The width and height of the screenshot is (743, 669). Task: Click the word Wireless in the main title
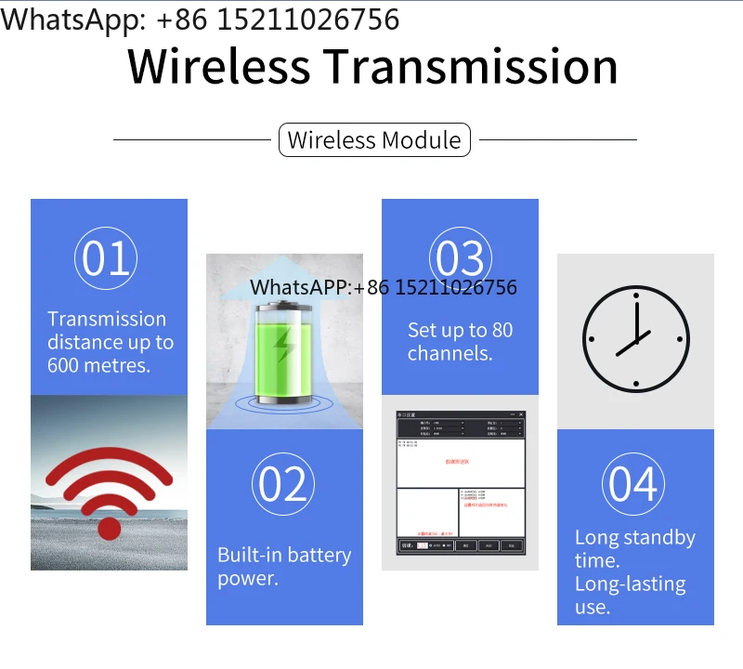coord(218,67)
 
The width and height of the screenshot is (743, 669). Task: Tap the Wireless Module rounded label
coord(374,140)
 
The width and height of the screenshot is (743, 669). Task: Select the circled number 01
coord(106,258)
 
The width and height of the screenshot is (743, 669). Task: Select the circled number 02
coord(283,484)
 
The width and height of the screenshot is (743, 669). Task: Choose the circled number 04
coord(634,484)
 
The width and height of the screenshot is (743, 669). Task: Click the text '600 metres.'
coord(98,365)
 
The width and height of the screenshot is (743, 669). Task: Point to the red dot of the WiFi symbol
coord(110,529)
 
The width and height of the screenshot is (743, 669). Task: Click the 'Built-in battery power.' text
coord(283,567)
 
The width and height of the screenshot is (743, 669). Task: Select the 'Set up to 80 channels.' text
coord(460,341)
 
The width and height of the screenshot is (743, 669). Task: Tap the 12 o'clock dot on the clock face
coord(636,295)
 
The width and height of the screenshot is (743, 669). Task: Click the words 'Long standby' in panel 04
coord(634,537)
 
